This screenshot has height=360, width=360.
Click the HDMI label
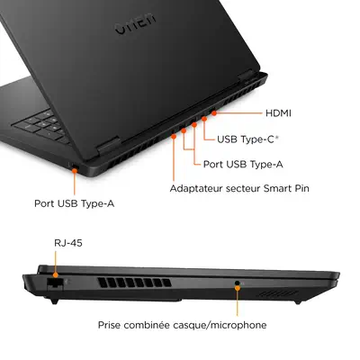pos(280,114)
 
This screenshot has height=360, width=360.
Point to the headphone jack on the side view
pos(238,283)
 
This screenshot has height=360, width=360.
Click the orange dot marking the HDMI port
pos(212,115)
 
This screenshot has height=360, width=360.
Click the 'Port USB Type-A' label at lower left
pos(74,203)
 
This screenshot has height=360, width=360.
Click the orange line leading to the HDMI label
pos(236,115)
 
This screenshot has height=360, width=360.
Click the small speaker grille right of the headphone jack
pos(275,292)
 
